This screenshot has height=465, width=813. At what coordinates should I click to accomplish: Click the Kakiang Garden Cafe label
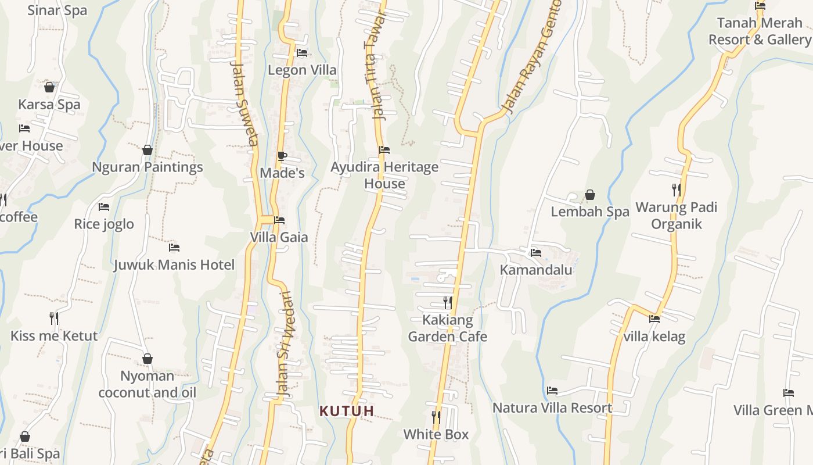[447, 328]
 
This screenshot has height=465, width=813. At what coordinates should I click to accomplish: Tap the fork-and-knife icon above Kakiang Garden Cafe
[447, 303]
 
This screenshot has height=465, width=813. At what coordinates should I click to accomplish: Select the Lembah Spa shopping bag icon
[590, 195]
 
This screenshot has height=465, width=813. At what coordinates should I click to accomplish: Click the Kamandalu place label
[536, 270]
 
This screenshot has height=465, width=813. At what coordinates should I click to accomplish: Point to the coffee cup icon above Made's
[282, 156]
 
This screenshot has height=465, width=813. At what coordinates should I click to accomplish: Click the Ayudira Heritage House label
[384, 176]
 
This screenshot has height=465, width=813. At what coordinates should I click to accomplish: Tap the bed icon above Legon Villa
[302, 53]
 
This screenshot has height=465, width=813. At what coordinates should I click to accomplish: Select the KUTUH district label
[347, 411]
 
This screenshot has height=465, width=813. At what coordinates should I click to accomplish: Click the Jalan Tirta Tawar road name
[375, 65]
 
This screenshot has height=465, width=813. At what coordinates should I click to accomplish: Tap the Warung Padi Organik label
[677, 216]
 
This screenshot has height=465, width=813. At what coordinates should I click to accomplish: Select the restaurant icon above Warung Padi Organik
[676, 189]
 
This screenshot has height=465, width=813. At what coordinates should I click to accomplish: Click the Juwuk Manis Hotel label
[174, 265]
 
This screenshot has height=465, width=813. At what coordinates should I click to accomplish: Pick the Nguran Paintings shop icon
[148, 150]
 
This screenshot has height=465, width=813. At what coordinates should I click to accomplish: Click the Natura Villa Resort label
[552, 408]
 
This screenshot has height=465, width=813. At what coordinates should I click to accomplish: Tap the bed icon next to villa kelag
[654, 319]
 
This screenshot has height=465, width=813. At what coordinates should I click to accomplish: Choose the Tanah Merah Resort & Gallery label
[760, 31]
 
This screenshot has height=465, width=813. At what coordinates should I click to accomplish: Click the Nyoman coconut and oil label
[148, 384]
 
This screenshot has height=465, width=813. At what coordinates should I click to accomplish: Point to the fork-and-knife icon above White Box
[436, 417]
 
